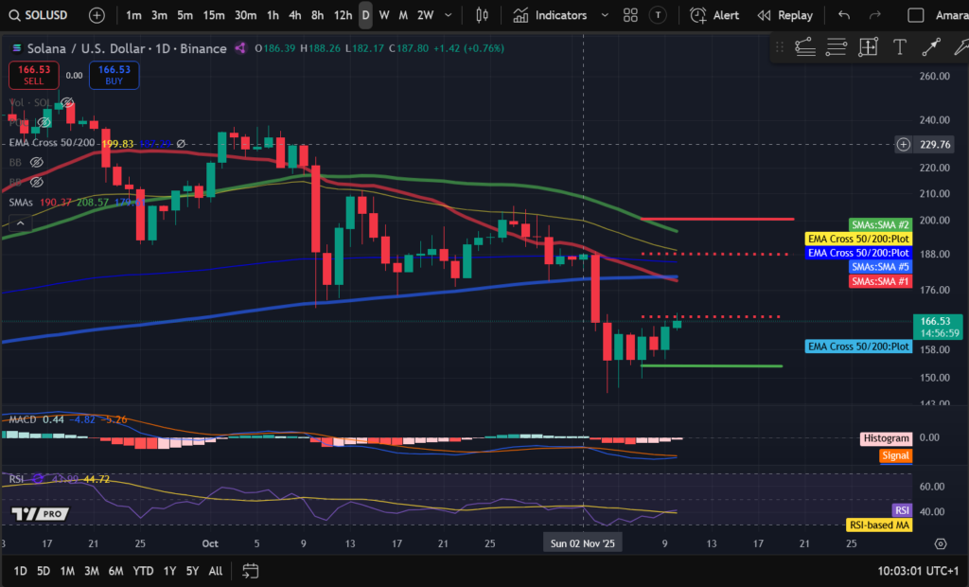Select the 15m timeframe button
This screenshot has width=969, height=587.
[214, 15]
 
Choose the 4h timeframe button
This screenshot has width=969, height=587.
[295, 15]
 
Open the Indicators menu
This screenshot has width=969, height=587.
[550, 15]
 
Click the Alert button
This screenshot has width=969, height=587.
[715, 15]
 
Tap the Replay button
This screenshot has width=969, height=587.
[784, 15]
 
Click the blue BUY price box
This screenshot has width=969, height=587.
[114, 75]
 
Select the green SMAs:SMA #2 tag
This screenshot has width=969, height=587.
[880, 225]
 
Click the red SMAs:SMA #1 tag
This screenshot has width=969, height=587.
[880, 281]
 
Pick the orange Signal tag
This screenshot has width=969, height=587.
[894, 455]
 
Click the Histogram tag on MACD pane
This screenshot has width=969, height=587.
[886, 438]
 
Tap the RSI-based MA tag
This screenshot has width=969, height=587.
[878, 525]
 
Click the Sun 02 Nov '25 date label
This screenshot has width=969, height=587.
[582, 543]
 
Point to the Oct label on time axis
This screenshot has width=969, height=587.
[210, 543]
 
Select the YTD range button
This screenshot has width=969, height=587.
[143, 571]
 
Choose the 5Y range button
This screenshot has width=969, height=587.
[192, 571]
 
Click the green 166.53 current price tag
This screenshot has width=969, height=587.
[939, 322]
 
